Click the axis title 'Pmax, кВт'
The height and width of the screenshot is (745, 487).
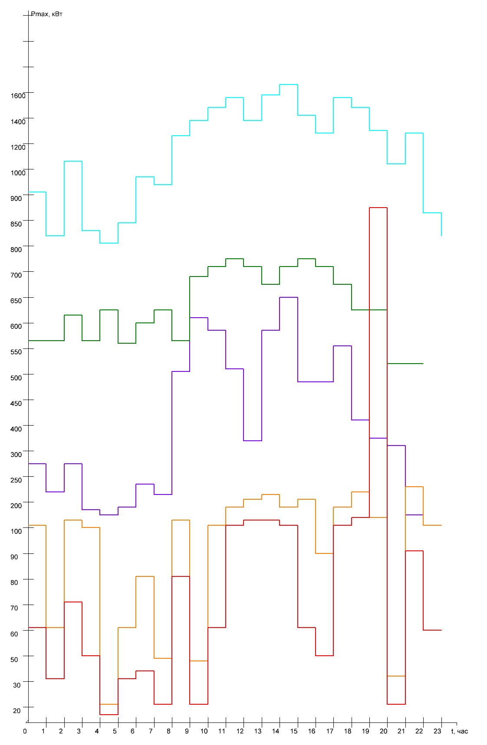tap(47, 15)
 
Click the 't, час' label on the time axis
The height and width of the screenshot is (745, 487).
tap(460, 732)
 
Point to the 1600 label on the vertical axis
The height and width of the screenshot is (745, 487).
tap(18, 96)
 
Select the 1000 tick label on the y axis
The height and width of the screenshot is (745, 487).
tap(18, 173)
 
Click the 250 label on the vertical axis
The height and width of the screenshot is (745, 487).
tap(16, 480)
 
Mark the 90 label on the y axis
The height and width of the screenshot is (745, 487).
tap(15, 557)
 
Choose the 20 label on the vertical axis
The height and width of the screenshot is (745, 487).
tap(16, 711)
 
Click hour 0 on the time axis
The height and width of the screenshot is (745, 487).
tap(25, 732)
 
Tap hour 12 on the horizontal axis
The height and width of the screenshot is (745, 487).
tap(240, 732)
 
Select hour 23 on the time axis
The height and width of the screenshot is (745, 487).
tap(438, 732)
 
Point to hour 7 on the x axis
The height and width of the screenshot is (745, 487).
tap(151, 732)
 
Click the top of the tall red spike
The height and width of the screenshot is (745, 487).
tap(378, 208)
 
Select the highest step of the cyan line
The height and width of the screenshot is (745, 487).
tap(289, 85)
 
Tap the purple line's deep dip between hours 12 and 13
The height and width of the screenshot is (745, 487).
tap(253, 441)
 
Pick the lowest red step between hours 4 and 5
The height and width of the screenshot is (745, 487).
tap(109, 715)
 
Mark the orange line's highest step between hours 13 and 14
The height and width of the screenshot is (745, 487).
tap(270, 494)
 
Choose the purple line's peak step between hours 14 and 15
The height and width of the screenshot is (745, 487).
tap(289, 297)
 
